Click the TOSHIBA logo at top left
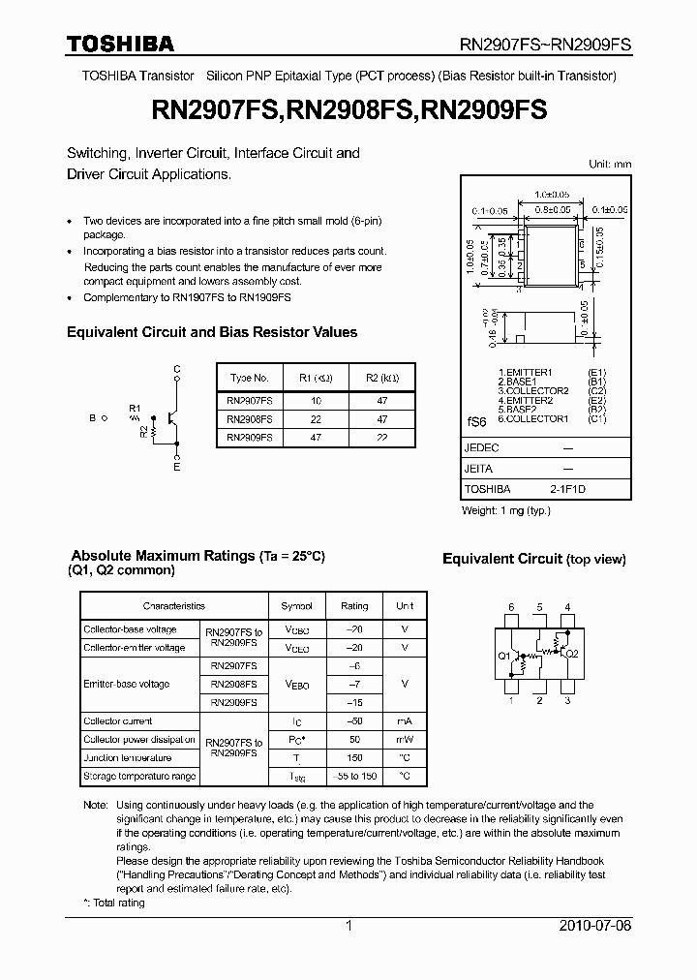pyautogui.click(x=120, y=44)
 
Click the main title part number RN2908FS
pyautogui.click(x=350, y=111)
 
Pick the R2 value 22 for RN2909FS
pyautogui.click(x=381, y=438)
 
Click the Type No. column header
pyautogui.click(x=249, y=378)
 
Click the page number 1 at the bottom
pyautogui.click(x=348, y=926)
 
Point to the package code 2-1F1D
pyautogui.click(x=567, y=490)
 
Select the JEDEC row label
pyautogui.click(x=481, y=448)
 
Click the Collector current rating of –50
pyautogui.click(x=354, y=721)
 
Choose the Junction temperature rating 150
pyautogui.click(x=354, y=758)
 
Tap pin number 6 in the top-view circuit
pyautogui.click(x=510, y=608)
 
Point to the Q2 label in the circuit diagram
pyautogui.click(x=571, y=654)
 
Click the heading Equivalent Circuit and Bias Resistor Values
pyautogui.click(x=212, y=332)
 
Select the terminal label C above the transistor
pyautogui.click(x=176, y=369)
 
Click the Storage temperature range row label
pyautogui.click(x=139, y=777)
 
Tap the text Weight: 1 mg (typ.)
pyautogui.click(x=506, y=510)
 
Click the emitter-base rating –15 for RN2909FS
pyautogui.click(x=354, y=703)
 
